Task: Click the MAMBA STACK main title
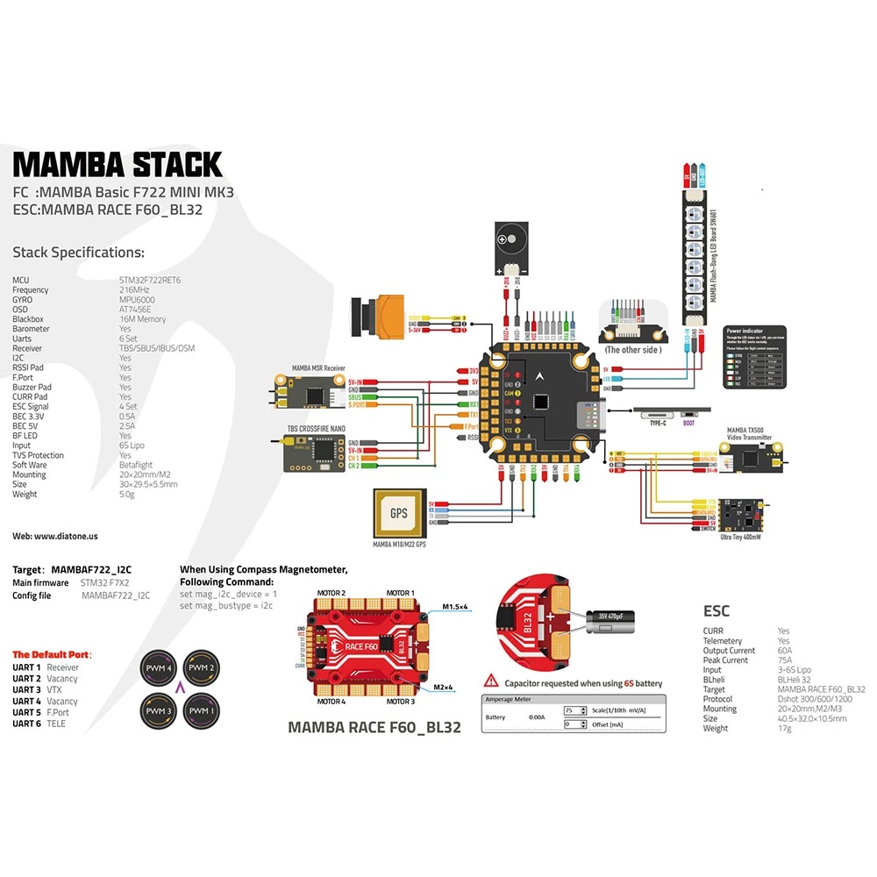[118, 164]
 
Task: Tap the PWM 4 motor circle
[160, 670]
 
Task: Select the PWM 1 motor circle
[200, 709]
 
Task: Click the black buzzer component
[508, 238]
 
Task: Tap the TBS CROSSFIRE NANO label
[310, 428]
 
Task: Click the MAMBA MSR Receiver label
[317, 369]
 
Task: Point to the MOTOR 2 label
[331, 594]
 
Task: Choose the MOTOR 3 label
[400, 702]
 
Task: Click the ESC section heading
[716, 610]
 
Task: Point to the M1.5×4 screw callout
[457, 606]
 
